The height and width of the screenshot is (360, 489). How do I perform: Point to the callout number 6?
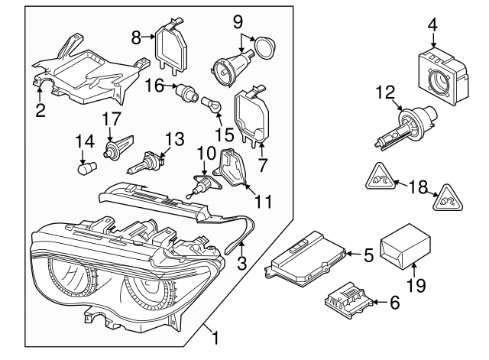pos(394,303)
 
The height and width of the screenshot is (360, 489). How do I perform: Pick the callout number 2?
pos(40,111)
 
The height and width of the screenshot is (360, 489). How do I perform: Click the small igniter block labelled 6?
pos(347,298)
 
